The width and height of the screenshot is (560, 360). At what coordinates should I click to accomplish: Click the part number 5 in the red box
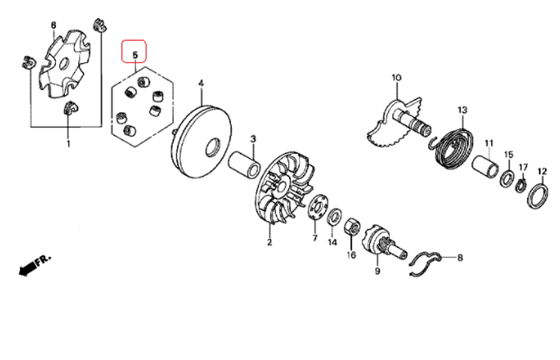[134, 54]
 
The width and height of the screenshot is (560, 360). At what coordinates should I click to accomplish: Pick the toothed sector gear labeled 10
[392, 125]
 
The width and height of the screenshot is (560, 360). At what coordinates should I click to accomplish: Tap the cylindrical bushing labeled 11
[486, 169]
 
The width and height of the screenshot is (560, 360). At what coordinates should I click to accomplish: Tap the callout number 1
[69, 144]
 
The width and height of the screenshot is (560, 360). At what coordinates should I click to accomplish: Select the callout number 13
[462, 110]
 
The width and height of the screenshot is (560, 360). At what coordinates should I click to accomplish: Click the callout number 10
[396, 77]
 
